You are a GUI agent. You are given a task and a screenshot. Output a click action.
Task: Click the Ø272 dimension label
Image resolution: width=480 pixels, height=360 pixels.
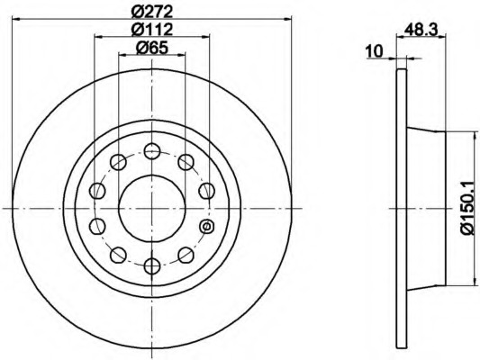coord(152,12)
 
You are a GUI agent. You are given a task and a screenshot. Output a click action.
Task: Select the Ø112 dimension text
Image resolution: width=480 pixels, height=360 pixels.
coord(152,30)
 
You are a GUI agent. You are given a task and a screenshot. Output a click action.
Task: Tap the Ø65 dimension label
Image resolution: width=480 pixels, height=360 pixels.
coord(152,48)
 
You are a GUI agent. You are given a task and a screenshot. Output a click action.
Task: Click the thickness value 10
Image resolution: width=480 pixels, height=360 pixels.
coord(375,51)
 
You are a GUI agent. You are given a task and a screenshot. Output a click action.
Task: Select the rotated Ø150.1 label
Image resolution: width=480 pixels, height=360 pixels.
coord(468,208)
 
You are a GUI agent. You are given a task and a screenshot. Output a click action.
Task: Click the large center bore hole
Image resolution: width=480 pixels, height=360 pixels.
coord(152,208)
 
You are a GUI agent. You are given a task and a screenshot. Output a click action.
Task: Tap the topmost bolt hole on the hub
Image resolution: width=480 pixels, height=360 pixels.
coord(152,151)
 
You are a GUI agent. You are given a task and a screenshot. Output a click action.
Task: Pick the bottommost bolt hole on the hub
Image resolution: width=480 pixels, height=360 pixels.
coord(152,265)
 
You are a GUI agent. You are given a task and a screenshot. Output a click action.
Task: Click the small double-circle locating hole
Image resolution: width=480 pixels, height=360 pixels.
coord(206,226)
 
